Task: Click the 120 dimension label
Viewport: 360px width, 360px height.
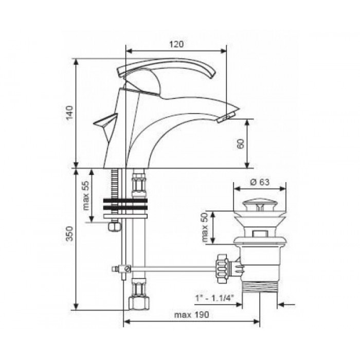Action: click(176, 44)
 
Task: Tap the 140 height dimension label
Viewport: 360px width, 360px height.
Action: click(69, 113)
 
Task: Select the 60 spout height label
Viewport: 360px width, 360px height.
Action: click(240, 143)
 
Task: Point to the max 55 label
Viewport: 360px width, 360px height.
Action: click(85, 195)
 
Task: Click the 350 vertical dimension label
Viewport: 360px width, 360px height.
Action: click(69, 233)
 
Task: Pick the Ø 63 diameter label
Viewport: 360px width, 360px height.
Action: click(260, 182)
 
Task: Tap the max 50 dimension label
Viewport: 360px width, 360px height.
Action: click(204, 227)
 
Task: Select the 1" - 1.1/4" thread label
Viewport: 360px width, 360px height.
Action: click(214, 298)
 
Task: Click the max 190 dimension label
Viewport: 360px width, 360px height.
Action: click(192, 315)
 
